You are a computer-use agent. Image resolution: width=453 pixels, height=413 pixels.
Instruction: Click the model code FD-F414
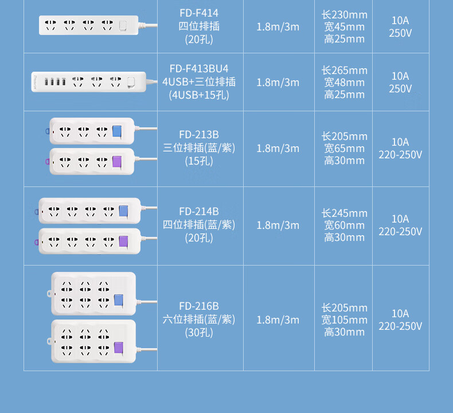[x=199, y=13]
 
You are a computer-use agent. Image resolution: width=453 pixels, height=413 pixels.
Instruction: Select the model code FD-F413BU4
[x=199, y=69]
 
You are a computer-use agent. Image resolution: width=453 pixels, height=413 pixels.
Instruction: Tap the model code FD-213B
[x=199, y=135]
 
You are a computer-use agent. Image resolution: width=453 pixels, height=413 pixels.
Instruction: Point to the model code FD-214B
[x=199, y=212]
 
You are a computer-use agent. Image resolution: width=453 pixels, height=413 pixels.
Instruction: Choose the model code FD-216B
[x=199, y=306]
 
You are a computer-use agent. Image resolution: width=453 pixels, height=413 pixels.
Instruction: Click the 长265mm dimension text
[x=345, y=70]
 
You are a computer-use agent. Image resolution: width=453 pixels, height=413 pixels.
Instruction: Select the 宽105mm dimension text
[x=345, y=320]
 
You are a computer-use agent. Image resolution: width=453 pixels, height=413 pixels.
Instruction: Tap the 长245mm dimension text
[x=345, y=213]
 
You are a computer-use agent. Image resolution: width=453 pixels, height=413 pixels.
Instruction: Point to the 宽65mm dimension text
[x=345, y=149]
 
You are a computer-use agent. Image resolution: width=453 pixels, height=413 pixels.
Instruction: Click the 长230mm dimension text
[x=345, y=15]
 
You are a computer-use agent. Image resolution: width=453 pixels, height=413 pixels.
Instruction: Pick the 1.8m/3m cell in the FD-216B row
[x=278, y=320]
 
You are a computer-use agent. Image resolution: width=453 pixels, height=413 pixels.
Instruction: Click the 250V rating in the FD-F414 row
[x=400, y=33]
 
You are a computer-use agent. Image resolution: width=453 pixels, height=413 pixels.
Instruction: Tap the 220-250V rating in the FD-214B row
[x=400, y=232]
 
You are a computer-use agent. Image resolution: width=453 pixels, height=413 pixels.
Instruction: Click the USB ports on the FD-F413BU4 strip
[x=55, y=82]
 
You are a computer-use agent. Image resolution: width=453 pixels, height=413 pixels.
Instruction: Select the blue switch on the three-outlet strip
[x=117, y=131]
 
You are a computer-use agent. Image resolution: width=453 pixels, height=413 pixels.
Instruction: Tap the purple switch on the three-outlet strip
[x=117, y=162]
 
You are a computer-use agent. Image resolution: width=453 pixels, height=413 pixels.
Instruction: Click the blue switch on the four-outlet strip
[x=123, y=211]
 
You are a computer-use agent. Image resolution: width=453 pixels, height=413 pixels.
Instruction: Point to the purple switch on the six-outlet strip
[x=119, y=348]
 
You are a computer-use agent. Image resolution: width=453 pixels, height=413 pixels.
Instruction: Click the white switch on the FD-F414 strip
[x=123, y=25]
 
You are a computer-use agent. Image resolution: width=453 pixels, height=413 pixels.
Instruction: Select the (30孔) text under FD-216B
[x=199, y=333]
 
